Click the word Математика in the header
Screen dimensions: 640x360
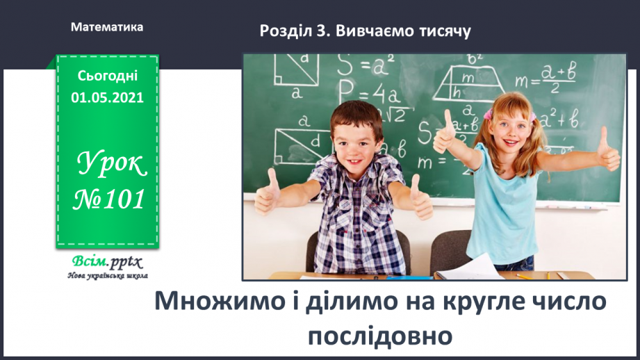[107, 27]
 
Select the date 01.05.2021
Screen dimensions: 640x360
[107, 97]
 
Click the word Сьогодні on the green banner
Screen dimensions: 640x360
[107, 76]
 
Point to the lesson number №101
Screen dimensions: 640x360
[109, 199]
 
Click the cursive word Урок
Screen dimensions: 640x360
[111, 164]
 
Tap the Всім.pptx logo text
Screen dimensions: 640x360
[107, 261]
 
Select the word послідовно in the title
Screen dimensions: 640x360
[380, 336]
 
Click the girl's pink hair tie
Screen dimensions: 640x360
[487, 114]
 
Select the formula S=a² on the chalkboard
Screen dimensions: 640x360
[366, 65]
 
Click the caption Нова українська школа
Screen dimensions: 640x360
[108, 276]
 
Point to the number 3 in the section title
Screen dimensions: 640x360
[321, 31]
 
